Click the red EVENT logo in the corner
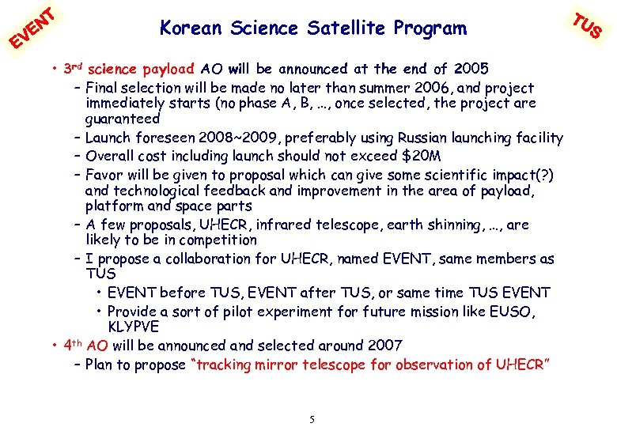(x=31, y=26)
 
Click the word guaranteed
(x=123, y=119)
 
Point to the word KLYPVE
(x=133, y=327)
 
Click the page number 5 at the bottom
(x=312, y=419)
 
